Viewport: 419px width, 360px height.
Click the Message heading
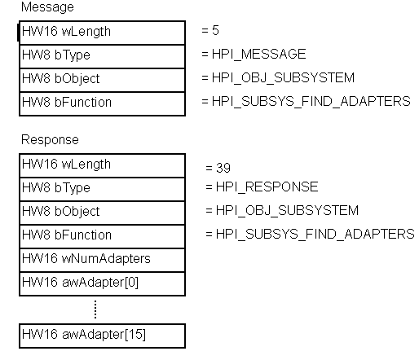46,7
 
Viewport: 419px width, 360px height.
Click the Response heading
50,140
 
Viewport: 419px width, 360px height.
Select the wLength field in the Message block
102,32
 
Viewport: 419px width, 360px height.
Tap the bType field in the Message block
102,55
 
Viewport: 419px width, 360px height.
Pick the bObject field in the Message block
102,79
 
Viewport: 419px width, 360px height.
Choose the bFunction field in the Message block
102,103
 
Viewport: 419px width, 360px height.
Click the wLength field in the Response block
102,165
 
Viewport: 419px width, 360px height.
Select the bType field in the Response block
102,188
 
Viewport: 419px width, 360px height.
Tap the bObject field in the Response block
102,212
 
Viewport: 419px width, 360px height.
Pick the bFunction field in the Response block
102,235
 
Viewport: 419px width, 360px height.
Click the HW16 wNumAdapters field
102,259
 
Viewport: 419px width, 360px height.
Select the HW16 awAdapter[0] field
102,283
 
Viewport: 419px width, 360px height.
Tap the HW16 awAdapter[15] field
102,335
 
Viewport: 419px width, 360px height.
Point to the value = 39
218,168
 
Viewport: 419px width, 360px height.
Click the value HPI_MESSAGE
254,55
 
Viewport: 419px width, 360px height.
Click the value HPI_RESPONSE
262,187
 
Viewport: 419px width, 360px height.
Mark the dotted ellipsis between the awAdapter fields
95,309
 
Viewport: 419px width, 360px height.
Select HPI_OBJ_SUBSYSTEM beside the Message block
278,78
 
